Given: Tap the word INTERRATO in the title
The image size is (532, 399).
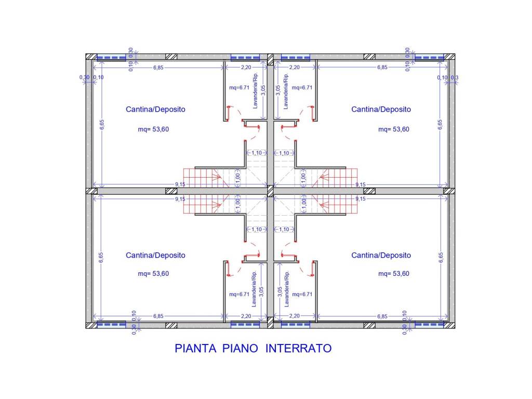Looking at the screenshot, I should [298, 349].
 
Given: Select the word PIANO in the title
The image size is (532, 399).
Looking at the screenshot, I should [241, 349].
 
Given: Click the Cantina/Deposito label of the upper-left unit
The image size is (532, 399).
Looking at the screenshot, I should [155, 110].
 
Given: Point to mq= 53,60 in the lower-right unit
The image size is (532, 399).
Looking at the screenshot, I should [394, 274].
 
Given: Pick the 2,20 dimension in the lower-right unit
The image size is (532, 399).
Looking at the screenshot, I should [295, 316].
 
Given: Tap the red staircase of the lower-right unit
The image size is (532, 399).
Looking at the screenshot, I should [338, 205].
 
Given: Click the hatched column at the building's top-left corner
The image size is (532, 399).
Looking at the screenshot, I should [91, 57].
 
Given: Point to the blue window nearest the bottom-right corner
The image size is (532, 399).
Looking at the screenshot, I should [429, 325].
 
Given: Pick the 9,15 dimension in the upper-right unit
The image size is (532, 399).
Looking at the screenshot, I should [360, 184].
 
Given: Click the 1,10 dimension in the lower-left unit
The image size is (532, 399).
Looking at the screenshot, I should [256, 229].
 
